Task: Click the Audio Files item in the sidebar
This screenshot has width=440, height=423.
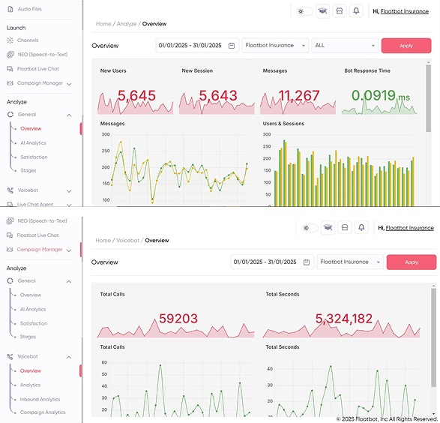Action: tap(29, 9)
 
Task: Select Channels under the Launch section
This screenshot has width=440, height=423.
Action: tap(28, 40)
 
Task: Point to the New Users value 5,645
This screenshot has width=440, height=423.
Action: tap(136, 95)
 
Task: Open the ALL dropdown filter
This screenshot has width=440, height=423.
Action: tap(345, 46)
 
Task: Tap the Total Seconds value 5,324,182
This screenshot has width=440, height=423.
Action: tap(344, 319)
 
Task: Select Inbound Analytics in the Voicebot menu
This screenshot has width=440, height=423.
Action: tap(40, 399)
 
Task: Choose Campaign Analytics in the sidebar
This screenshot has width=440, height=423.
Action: tap(42, 412)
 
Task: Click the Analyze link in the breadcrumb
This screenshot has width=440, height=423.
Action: tap(127, 24)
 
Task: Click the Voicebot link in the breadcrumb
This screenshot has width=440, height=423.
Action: tap(127, 241)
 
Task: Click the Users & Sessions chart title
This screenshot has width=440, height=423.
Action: tap(283, 124)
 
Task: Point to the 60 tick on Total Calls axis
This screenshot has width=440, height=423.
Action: tap(104, 362)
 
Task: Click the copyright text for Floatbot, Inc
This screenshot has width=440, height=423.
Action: tap(386, 418)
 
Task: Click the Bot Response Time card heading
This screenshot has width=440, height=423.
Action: tap(367, 70)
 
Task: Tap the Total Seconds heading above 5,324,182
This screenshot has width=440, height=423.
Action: tap(283, 294)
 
